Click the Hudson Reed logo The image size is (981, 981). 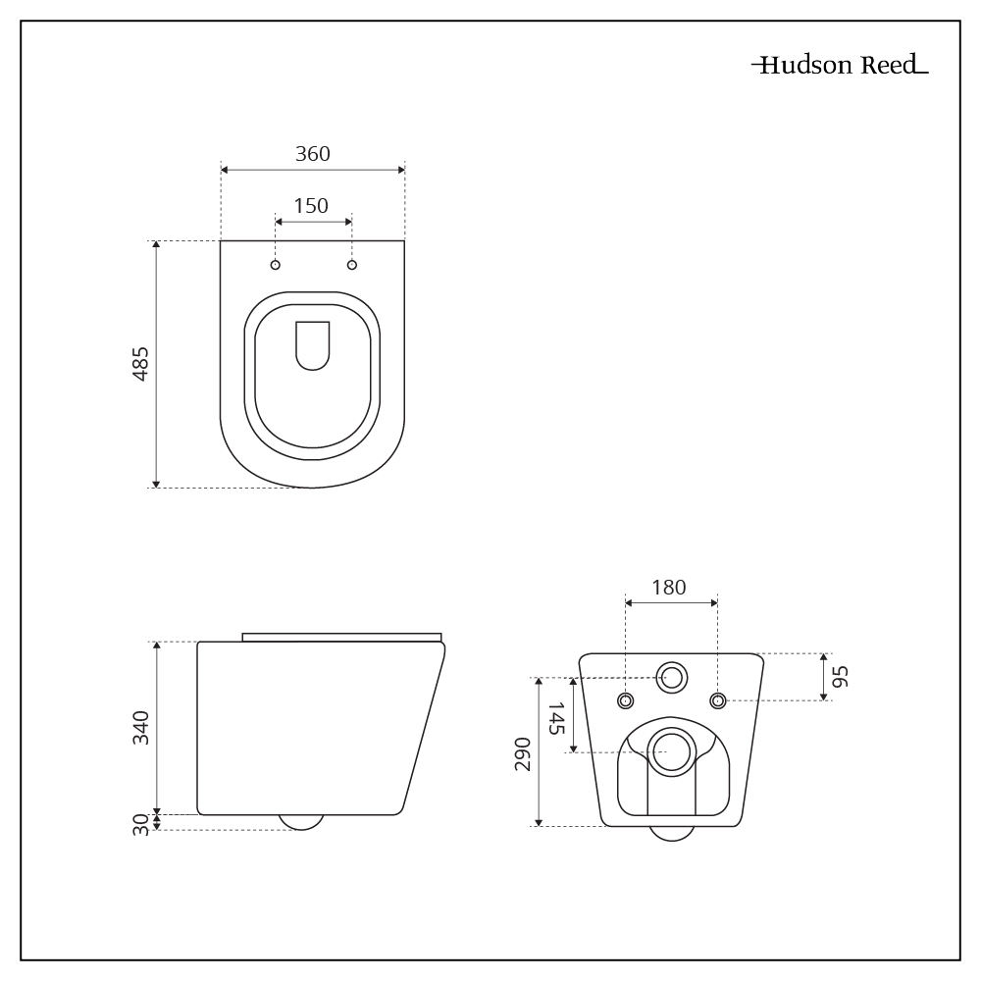[x=841, y=65]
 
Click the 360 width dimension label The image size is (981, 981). [x=313, y=154]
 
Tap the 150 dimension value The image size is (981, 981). [x=311, y=206]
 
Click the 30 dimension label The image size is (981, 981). [x=141, y=825]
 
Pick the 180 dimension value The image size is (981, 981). [x=669, y=588]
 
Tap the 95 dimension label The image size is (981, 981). [x=842, y=676]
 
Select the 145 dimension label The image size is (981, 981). [x=556, y=718]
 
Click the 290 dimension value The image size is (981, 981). [x=523, y=753]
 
